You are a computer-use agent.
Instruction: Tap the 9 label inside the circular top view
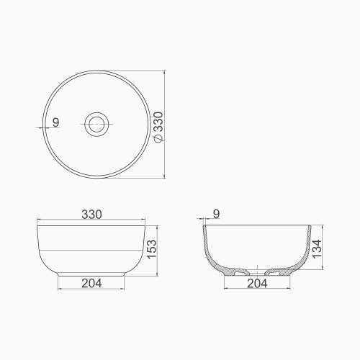click(x=55, y=122)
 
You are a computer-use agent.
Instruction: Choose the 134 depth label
click(x=317, y=248)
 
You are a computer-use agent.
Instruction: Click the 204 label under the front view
click(x=91, y=283)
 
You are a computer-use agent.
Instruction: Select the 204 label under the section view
click(x=258, y=283)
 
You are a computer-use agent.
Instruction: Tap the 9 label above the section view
click(x=217, y=214)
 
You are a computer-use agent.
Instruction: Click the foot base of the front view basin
click(x=91, y=275)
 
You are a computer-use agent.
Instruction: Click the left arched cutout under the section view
click(x=240, y=273)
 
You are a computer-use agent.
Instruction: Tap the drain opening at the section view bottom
click(x=257, y=273)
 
